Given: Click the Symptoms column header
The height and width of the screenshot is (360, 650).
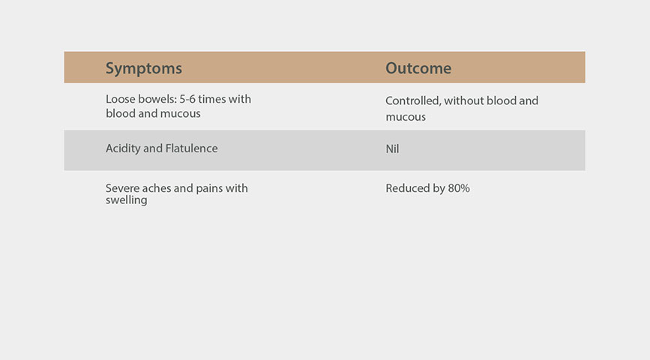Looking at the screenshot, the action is coord(143,68).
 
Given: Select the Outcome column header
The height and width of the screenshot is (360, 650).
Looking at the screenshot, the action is coord(418,68).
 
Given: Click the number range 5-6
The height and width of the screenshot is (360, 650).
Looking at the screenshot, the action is coord(187,99).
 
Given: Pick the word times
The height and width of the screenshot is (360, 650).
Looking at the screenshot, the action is coord(211,99).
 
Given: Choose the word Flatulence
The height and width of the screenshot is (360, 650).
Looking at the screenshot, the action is coord(191,148).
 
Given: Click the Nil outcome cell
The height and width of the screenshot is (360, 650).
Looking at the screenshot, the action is coord(392,149).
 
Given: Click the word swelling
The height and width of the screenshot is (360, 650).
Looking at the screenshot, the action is coord(127,200).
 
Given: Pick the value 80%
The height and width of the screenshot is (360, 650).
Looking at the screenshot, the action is coord(459,188).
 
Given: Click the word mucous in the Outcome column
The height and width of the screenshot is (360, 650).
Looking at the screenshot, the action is coord(406,117).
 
